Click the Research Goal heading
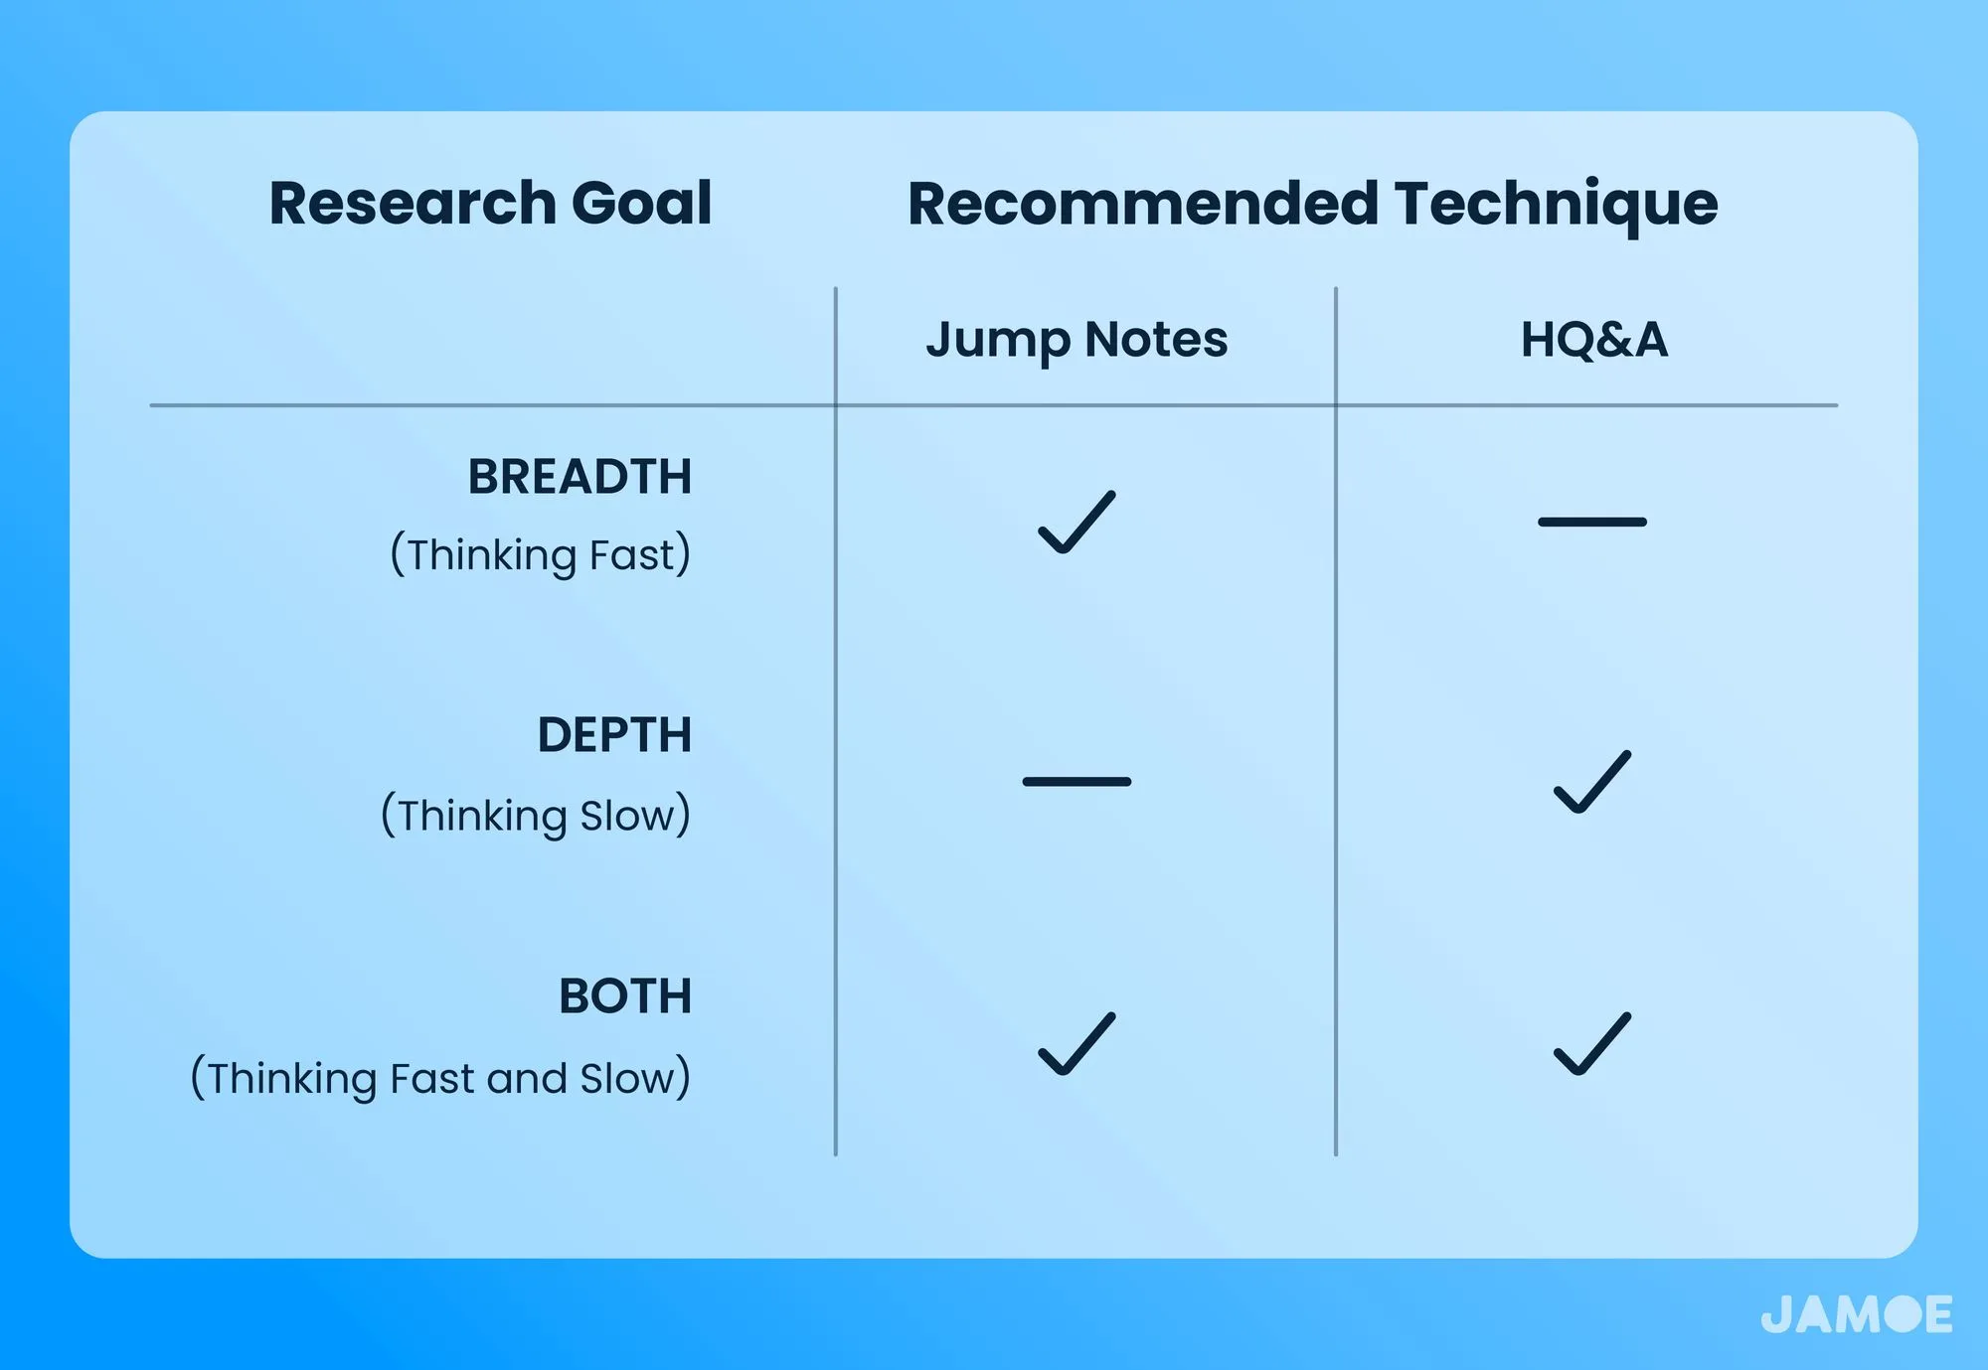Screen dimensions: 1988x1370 tap(490, 203)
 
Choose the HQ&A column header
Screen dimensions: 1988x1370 tap(1593, 340)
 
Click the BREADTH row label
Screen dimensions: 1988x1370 tap(580, 477)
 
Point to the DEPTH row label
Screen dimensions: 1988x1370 tap(614, 735)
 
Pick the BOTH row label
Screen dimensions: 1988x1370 tap(625, 995)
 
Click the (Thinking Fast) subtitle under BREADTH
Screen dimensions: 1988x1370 tap(540, 554)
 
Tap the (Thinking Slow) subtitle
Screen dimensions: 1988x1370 tap(536, 816)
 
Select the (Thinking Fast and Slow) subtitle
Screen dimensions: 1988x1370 tap(440, 1078)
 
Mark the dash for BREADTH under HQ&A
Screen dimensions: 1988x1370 tap(1592, 522)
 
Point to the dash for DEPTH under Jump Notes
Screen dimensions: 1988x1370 tap(1077, 782)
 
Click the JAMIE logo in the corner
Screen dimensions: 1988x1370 tap(1857, 1314)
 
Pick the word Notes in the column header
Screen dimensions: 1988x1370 tap(1157, 340)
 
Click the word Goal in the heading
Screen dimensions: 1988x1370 tap(641, 203)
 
